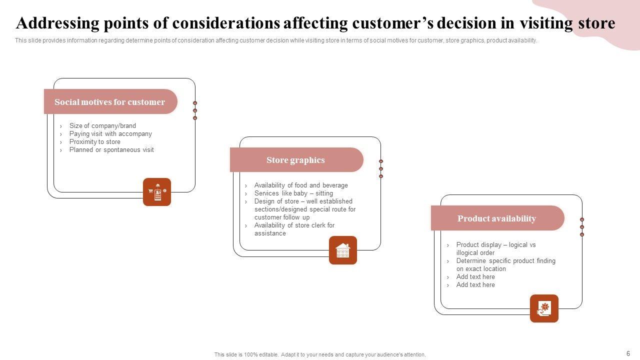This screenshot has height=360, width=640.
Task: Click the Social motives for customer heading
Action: point(109,102)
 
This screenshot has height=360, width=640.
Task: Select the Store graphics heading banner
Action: point(295,160)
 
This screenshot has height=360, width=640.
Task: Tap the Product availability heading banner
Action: point(496,218)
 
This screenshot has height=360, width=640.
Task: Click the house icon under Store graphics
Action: point(343,250)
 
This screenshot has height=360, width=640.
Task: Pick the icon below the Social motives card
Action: point(157,192)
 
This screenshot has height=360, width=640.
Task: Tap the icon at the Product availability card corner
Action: point(544,308)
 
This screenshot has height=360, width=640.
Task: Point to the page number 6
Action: point(628,353)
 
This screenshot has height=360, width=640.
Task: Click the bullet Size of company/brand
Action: point(102,126)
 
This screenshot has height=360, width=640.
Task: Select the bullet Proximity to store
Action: point(94,142)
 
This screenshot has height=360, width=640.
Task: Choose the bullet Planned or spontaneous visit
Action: point(111,150)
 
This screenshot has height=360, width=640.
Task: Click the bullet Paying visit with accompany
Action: point(110,134)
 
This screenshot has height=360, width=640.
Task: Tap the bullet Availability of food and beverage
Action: point(301,185)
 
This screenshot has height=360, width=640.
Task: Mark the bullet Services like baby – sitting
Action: point(293,193)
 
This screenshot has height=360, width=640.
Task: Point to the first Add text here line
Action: point(475,277)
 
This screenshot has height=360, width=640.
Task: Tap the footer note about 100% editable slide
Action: point(320,354)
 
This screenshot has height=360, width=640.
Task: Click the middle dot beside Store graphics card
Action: point(381,168)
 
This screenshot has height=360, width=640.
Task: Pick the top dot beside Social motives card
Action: point(195,103)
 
